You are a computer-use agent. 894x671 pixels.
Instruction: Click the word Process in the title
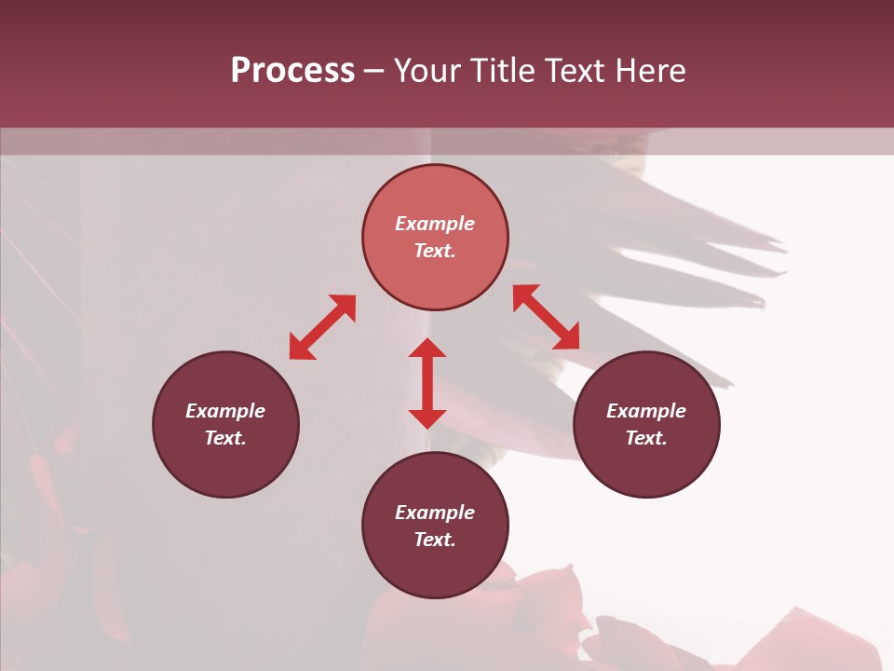point(292,71)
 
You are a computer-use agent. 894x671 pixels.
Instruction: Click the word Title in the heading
point(501,71)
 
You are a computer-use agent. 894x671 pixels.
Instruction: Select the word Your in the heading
point(427,71)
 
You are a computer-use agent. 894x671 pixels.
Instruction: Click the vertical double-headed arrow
point(427,383)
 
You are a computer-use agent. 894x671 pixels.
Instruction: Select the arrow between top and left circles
point(322,327)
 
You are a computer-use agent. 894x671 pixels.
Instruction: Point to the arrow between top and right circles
point(546,317)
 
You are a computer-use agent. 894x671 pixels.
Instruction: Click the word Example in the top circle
point(435,224)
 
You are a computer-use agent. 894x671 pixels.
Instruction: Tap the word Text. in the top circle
point(435,251)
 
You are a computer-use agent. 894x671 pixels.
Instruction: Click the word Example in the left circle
point(225,411)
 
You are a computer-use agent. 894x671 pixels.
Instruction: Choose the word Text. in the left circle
point(225,438)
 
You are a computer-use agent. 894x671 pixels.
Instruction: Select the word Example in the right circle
point(646,411)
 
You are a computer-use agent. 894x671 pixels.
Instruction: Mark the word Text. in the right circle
point(646,438)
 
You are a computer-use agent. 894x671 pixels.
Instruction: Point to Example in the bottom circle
point(435,513)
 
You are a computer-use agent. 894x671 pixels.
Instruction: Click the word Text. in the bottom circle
point(435,540)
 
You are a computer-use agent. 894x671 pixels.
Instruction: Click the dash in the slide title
point(374,72)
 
